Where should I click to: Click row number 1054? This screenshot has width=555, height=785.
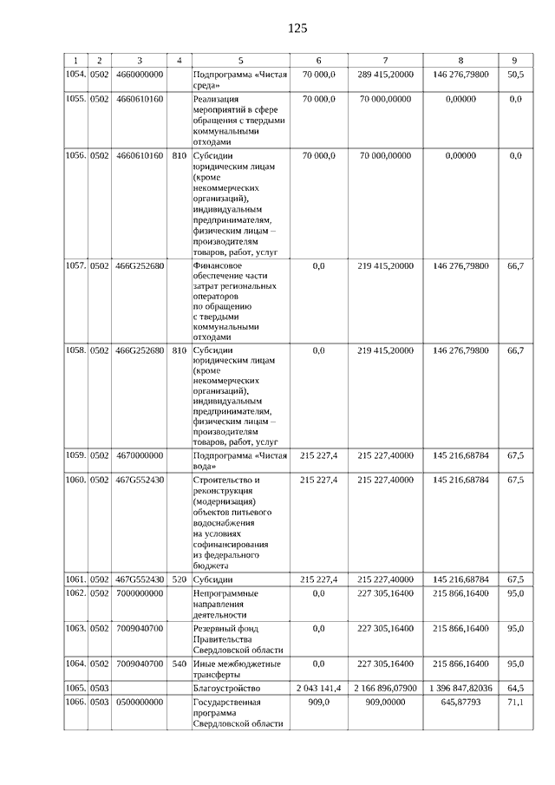[75, 75]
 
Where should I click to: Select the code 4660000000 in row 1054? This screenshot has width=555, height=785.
[139, 75]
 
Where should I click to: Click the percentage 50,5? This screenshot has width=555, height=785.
[515, 75]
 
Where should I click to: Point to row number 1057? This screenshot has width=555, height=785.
[75, 265]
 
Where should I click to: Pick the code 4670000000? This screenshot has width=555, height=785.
[139, 455]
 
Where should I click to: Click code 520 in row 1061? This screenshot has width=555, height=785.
[180, 579]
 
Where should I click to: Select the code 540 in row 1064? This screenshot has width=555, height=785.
[180, 664]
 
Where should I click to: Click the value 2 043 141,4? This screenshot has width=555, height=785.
[318, 687]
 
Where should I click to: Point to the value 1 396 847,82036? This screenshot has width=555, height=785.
[460, 687]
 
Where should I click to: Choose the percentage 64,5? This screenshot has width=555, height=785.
[515, 687]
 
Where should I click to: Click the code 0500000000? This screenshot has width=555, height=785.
[139, 701]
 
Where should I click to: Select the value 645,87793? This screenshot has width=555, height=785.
[460, 701]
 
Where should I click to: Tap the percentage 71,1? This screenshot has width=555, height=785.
[515, 701]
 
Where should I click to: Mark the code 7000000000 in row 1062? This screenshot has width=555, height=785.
[139, 592]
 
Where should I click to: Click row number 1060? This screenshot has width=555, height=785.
[75, 479]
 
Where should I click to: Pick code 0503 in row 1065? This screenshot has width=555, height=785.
[100, 687]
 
